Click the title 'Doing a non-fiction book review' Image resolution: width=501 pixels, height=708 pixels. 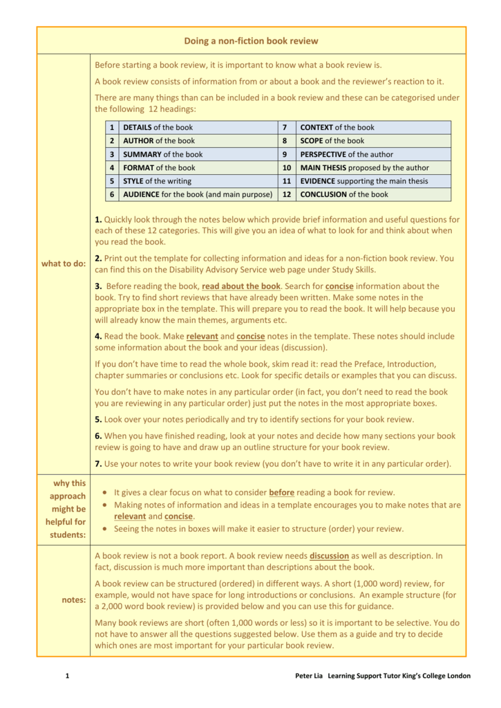point(251,41)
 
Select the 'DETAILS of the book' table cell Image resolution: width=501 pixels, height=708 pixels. point(158,127)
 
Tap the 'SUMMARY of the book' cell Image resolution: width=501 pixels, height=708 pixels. point(163,154)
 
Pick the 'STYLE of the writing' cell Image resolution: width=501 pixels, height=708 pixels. point(158,181)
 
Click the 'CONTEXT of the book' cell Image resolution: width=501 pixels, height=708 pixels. point(337,127)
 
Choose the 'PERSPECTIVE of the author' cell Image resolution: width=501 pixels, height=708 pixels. point(347,154)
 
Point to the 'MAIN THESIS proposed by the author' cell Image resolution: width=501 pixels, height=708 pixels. point(364,167)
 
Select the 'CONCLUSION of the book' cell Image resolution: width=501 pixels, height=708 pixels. point(344,194)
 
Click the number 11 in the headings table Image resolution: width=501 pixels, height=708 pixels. point(286,181)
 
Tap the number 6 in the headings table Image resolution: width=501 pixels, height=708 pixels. point(112,194)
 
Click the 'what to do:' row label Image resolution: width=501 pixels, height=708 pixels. point(64,263)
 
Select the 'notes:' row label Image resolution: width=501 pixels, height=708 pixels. point(73,599)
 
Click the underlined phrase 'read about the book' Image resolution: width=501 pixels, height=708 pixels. point(241,286)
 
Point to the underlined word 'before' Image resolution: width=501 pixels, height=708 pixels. point(282,492)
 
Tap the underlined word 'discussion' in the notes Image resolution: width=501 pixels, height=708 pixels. point(330,555)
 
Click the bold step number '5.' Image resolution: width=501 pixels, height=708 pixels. point(99,419)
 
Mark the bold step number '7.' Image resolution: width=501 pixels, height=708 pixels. point(99,463)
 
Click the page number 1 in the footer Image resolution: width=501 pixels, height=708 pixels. point(67,676)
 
